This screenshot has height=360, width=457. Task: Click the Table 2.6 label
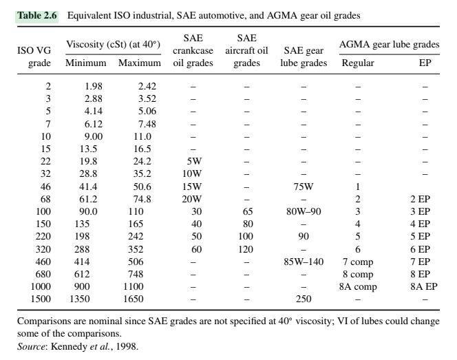pos(36,14)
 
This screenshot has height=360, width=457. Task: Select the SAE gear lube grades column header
pos(304,57)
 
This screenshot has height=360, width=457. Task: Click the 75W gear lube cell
pos(304,187)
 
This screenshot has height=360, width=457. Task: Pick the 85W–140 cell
pos(304,261)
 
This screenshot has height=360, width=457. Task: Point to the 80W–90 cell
pos(304,211)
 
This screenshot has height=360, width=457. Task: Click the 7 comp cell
pos(358,261)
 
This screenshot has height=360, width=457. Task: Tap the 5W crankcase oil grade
pos(193,162)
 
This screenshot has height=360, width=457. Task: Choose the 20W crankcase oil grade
pos(193,199)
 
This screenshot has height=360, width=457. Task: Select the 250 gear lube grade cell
pos(304,299)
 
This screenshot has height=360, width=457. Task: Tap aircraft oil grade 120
pos(246,248)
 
